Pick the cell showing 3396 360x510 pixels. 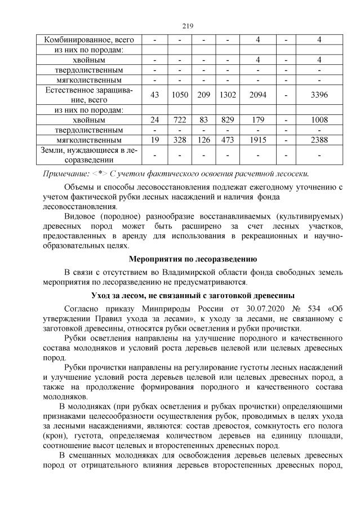(319, 95)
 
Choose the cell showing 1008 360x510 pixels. (319, 120)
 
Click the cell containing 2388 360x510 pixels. (319, 139)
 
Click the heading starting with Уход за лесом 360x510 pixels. (189, 296)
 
